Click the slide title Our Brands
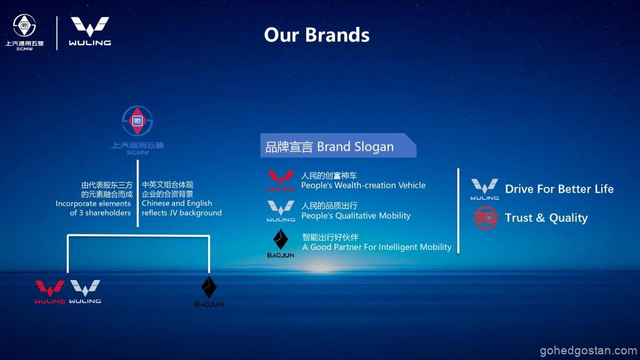pyautogui.click(x=317, y=35)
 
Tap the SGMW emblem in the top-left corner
pyautogui.click(x=24, y=32)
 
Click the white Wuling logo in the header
pyautogui.click(x=90, y=31)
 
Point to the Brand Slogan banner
pyautogui.click(x=338, y=146)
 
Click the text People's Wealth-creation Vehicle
pyautogui.click(x=363, y=185)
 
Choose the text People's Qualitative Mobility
pyautogui.click(x=356, y=216)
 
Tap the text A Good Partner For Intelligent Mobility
pyautogui.click(x=377, y=247)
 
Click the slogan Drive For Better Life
pyautogui.click(x=559, y=189)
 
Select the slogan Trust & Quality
pyautogui.click(x=546, y=218)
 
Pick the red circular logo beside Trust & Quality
pyautogui.click(x=486, y=217)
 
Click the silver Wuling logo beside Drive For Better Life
pyautogui.click(x=484, y=189)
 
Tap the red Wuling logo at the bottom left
pyautogui.click(x=50, y=292)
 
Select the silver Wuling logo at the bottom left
pyautogui.click(x=85, y=292)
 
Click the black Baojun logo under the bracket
pyautogui.click(x=209, y=292)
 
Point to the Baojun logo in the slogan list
pyautogui.click(x=281, y=244)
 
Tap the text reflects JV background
pyautogui.click(x=182, y=212)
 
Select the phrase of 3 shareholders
pyautogui.click(x=100, y=212)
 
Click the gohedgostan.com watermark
pyautogui.click(x=588, y=351)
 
